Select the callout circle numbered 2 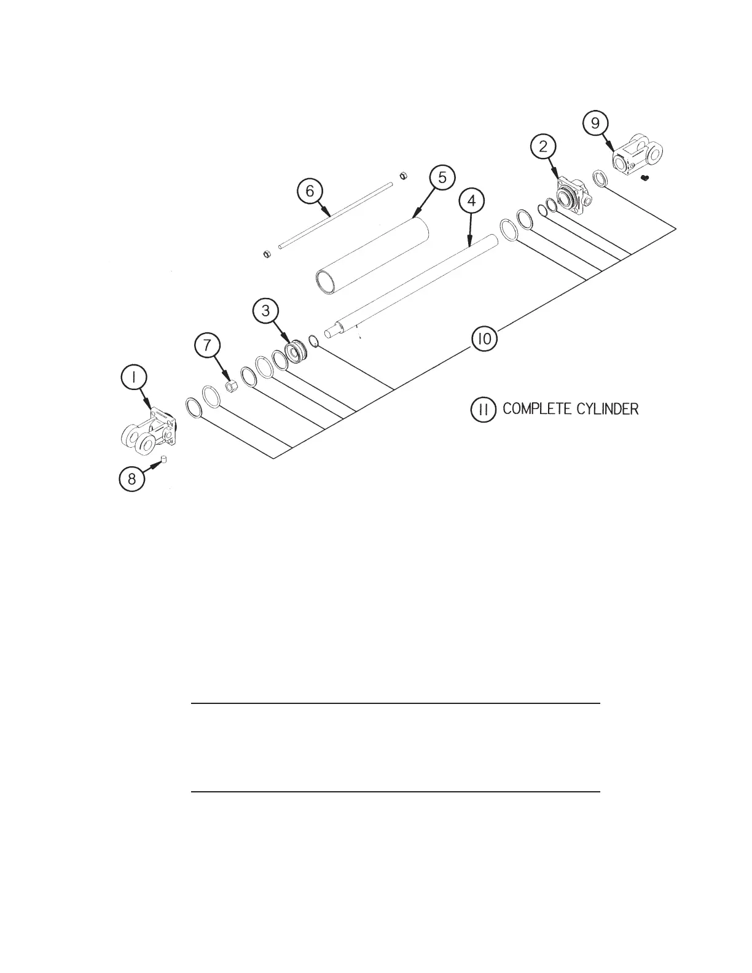(x=543, y=146)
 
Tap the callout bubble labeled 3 (x=265, y=311)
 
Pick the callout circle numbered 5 (x=442, y=178)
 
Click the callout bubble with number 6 (x=310, y=191)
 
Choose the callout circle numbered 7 (x=207, y=346)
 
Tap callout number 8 (x=132, y=479)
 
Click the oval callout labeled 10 (x=484, y=339)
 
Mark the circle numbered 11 (x=484, y=409)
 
